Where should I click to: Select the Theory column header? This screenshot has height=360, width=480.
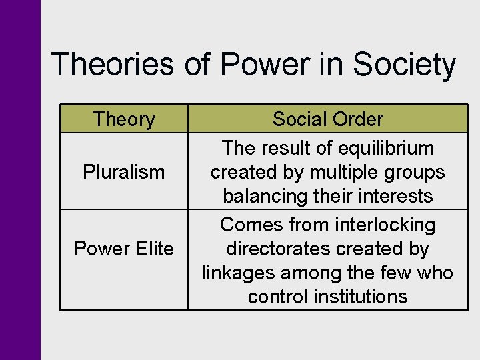point(124,119)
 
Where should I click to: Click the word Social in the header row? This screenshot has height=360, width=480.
point(297,119)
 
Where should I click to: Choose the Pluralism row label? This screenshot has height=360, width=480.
point(124,172)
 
